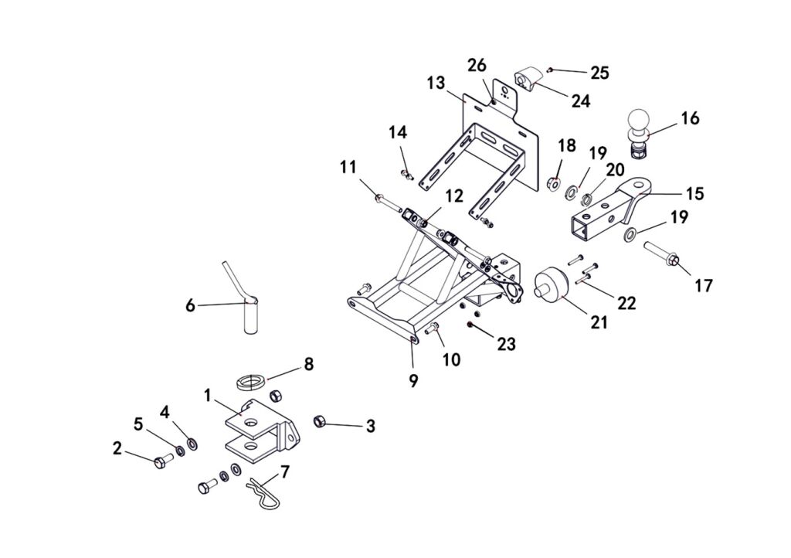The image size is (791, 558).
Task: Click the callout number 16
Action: [x=690, y=118]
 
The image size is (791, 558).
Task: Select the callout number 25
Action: [x=600, y=73]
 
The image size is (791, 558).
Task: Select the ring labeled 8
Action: [x=251, y=383]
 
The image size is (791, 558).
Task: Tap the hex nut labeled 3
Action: [x=317, y=421]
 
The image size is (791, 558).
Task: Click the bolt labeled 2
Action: [x=161, y=461]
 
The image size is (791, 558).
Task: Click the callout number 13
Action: [x=436, y=82]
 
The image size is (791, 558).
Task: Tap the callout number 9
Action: [x=414, y=380]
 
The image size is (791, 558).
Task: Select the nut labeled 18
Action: [x=554, y=185]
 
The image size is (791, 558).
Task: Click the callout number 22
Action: [x=626, y=303]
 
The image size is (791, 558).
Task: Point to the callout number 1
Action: [x=208, y=395]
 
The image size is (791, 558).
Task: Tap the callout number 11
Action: [x=348, y=166]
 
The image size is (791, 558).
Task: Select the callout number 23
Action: [x=506, y=344]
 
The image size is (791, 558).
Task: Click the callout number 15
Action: [x=694, y=193]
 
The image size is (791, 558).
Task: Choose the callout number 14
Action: [x=397, y=133]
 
